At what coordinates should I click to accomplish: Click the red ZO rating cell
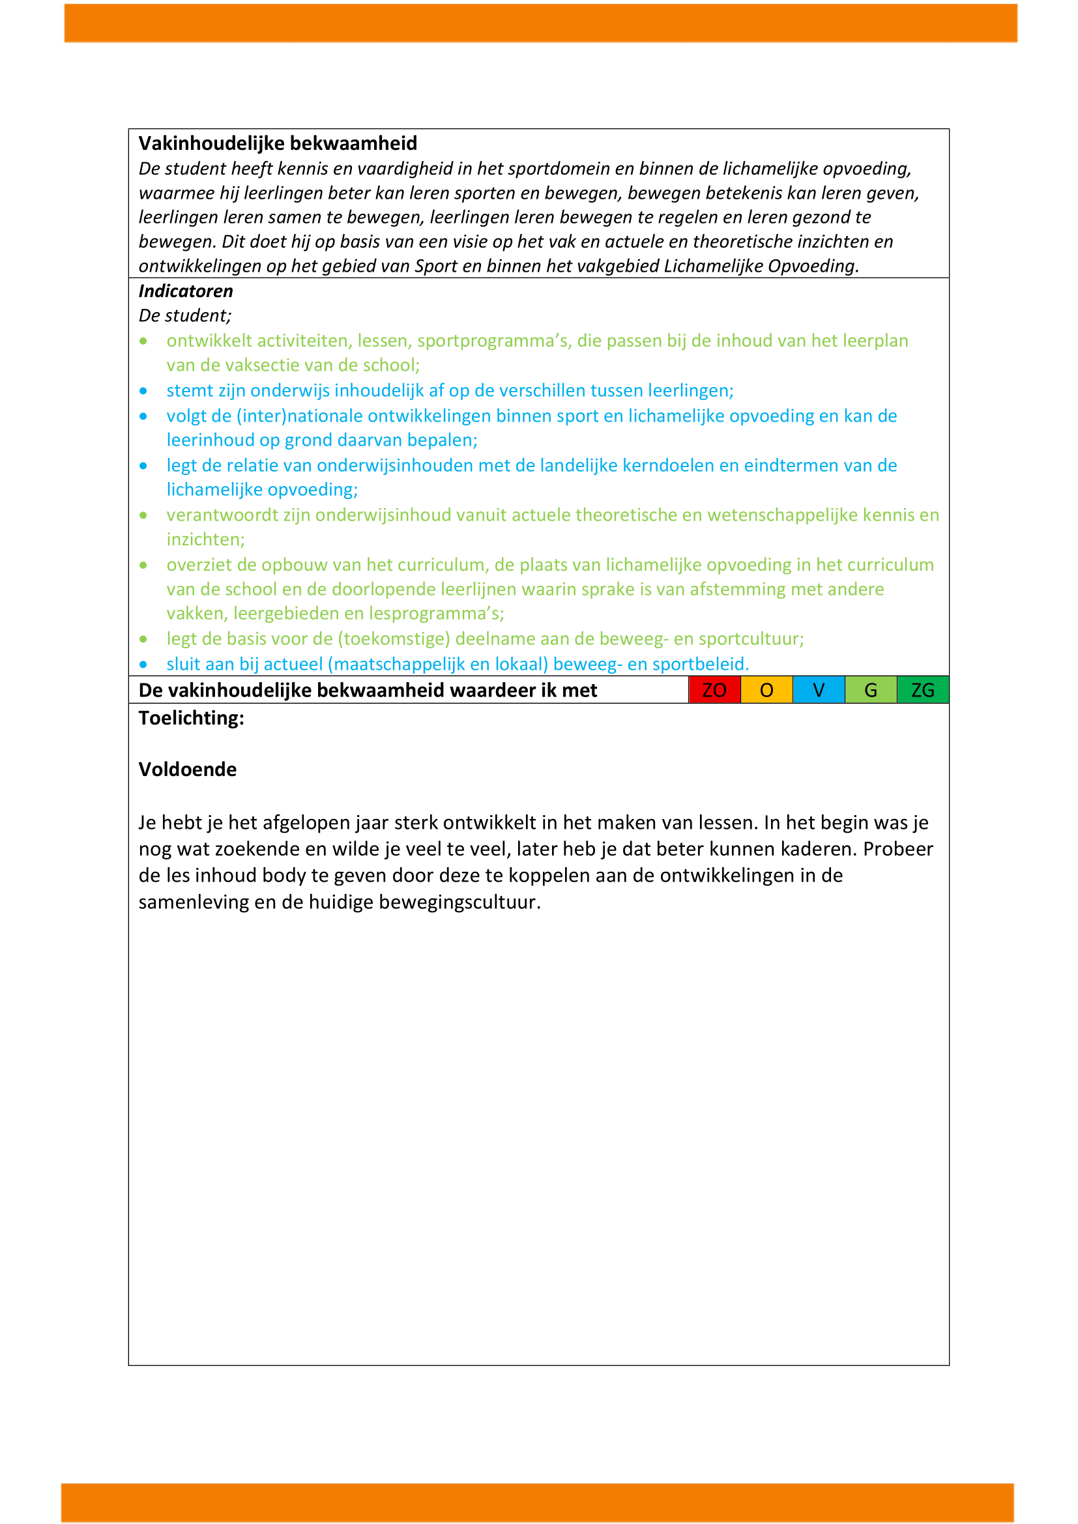714,689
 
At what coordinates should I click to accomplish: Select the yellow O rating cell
766,689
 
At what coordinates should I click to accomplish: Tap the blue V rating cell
819,689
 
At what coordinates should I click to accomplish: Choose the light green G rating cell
870,689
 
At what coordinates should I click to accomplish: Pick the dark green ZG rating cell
923,689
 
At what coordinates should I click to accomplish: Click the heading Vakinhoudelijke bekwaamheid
278,143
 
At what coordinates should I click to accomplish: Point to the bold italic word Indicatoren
186,291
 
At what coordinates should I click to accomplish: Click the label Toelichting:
191,717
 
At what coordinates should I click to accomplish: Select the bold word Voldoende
187,769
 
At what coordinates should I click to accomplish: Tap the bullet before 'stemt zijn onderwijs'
143,391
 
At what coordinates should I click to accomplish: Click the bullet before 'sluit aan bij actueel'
143,665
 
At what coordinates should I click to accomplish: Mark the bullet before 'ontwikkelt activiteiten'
143,341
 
